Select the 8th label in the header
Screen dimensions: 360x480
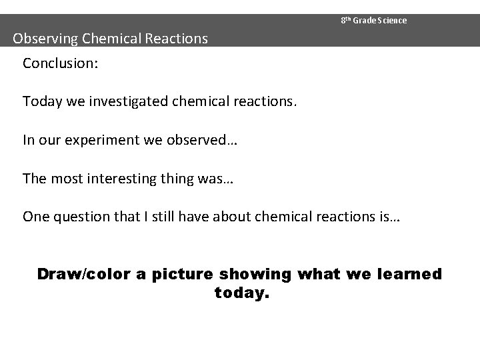[345, 20]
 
